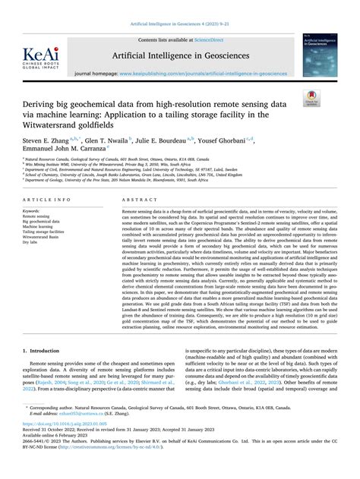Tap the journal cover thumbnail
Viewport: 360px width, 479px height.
click(x=319, y=55)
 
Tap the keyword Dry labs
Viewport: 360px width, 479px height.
click(x=31, y=243)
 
